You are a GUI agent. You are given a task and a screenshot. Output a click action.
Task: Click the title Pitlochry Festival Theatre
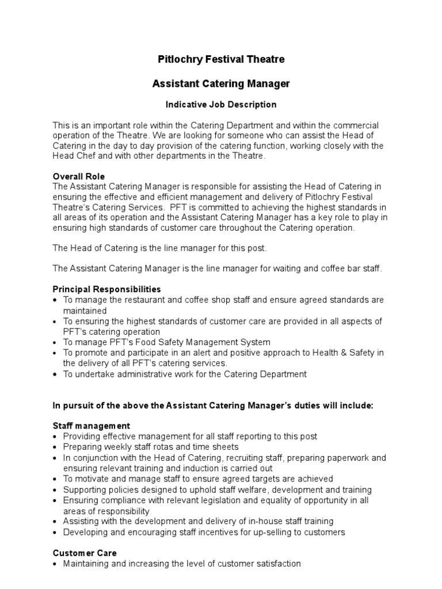click(221, 59)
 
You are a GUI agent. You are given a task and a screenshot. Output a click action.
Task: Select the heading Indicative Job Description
click(221, 105)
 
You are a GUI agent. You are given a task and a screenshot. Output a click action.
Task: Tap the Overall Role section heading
click(79, 176)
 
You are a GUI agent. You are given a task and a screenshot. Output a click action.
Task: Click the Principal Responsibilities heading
click(107, 289)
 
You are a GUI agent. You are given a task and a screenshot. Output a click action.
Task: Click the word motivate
click(92, 479)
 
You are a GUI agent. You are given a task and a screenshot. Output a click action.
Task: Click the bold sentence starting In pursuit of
click(213, 405)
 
